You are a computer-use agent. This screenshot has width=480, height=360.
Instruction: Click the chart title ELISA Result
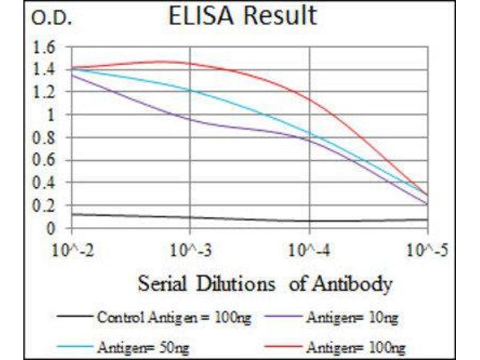242,16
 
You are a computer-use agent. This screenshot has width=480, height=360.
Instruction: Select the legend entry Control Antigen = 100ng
173,317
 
